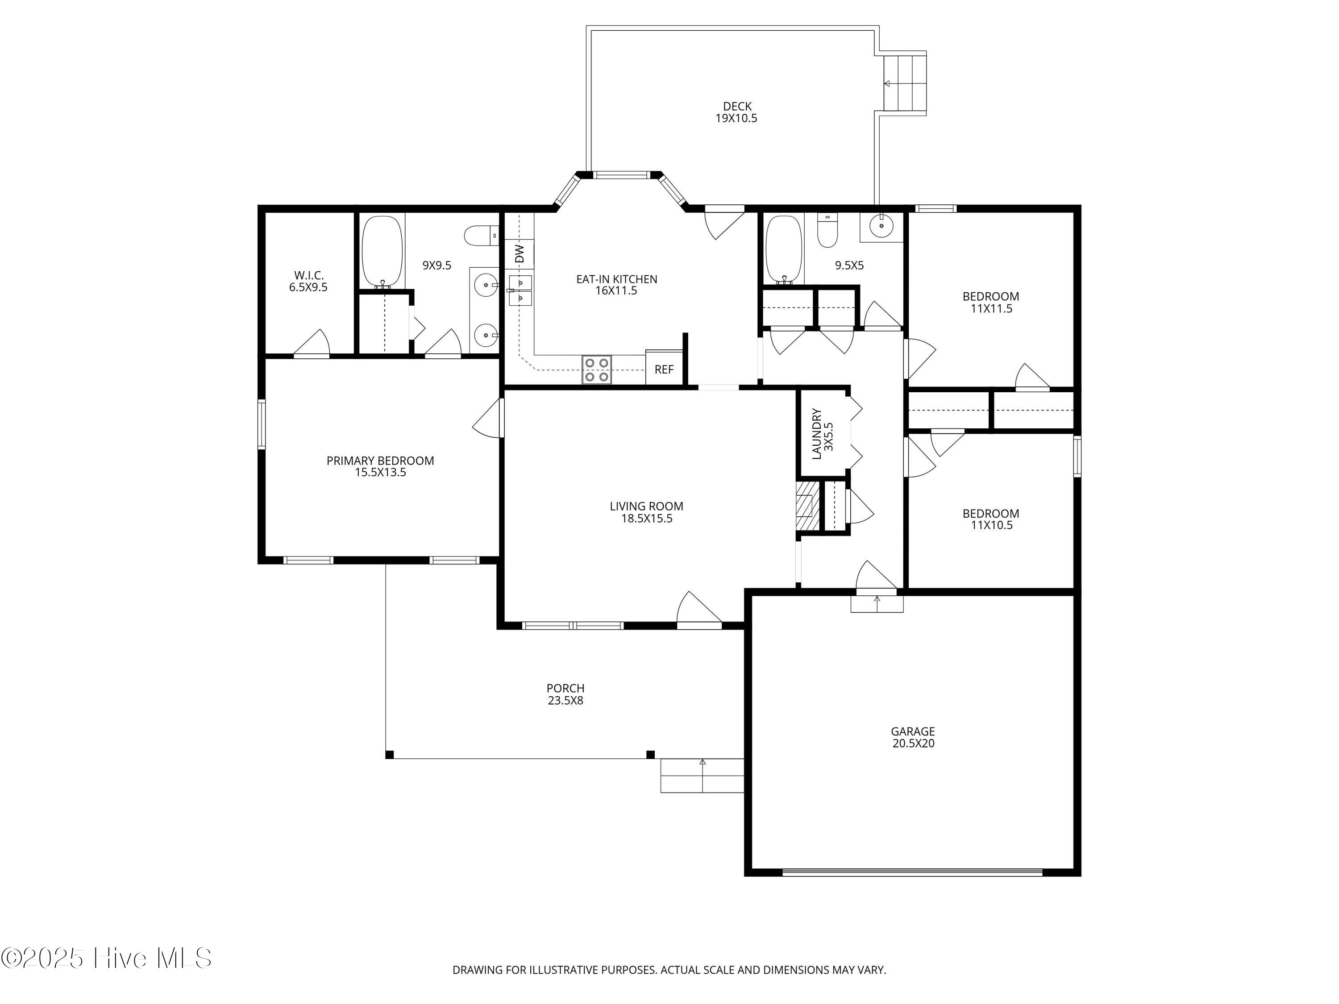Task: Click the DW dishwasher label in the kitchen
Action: tap(520, 253)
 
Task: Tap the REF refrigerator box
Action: tap(664, 369)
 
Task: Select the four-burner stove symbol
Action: tap(596, 369)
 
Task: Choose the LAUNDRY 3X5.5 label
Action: tap(823, 433)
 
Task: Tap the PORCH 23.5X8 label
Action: tap(566, 694)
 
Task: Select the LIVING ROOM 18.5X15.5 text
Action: tap(646, 512)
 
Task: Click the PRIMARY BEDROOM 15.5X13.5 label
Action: tap(380, 466)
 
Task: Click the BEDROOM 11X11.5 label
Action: tap(991, 302)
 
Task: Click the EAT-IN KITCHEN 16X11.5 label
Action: tap(616, 284)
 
